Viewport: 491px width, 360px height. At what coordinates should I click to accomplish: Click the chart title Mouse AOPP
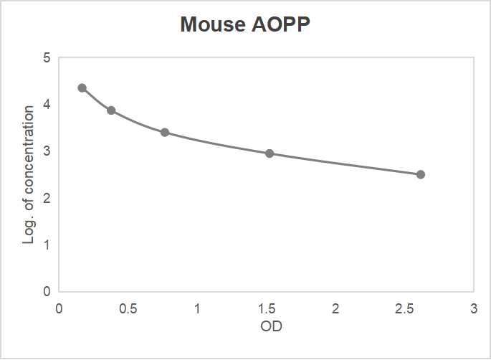point(245,25)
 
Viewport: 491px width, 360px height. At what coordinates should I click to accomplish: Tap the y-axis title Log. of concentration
point(29,174)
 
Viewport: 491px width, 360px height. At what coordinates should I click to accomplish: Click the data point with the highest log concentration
point(82,87)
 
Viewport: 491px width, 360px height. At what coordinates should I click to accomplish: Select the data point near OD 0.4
point(111,110)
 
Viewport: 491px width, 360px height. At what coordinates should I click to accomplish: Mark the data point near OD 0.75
point(165,133)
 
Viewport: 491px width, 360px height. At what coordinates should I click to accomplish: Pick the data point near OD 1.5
point(270,153)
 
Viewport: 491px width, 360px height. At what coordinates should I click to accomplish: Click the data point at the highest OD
point(421,174)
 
